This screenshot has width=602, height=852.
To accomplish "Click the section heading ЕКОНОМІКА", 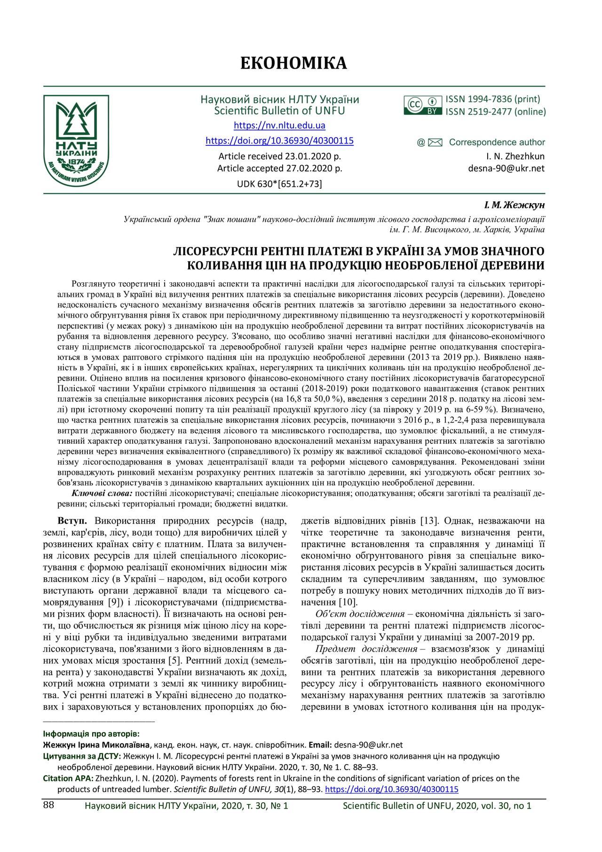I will [x=293, y=63].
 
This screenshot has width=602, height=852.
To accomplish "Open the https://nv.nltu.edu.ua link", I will [x=279, y=126].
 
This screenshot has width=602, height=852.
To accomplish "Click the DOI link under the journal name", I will [x=279, y=141].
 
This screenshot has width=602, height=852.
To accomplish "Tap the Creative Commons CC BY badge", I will [x=423, y=105].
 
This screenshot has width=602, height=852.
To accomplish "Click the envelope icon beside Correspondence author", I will [x=436, y=143].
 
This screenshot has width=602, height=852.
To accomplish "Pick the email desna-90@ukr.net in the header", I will [x=506, y=168].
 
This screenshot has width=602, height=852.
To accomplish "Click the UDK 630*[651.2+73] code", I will [x=279, y=184].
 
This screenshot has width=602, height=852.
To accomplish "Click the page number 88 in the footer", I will [x=48, y=804].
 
